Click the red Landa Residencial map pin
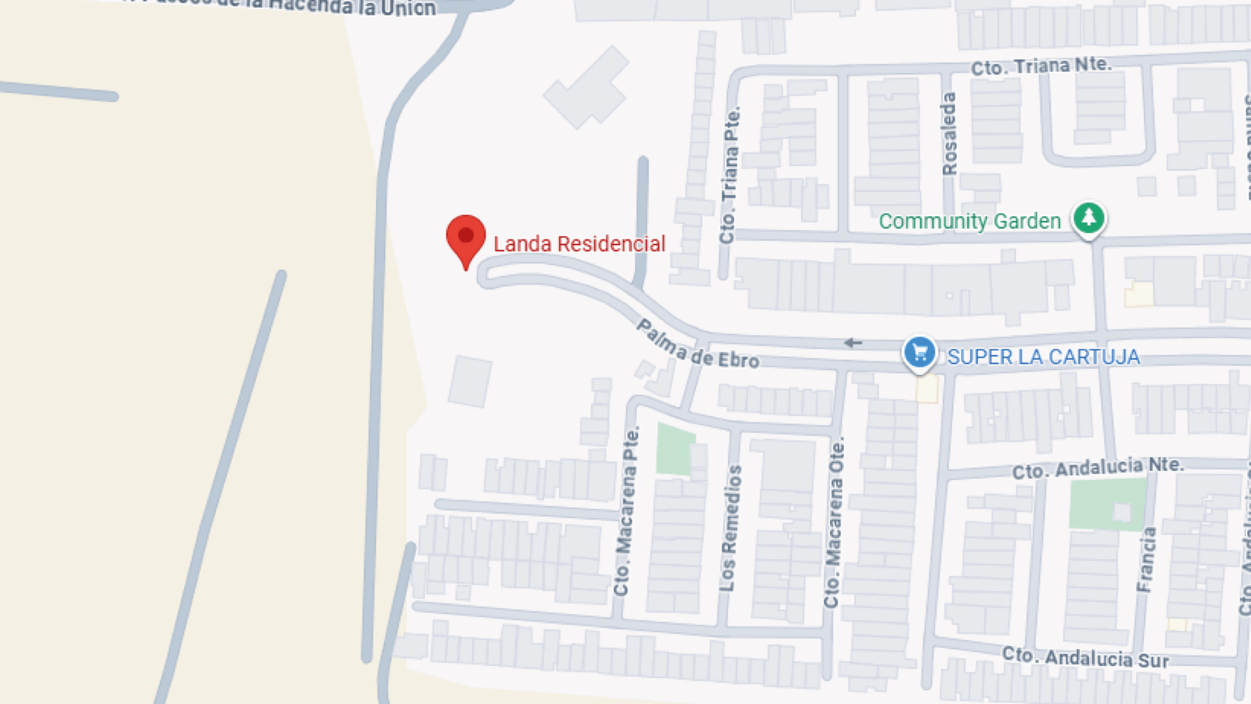[x=465, y=238]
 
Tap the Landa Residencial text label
[x=579, y=244]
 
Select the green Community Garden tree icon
[x=1088, y=218]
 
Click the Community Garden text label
[x=969, y=222]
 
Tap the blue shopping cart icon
[x=919, y=352]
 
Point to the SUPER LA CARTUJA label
[x=1043, y=357]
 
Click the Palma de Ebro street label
[x=697, y=345]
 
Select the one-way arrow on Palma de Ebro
[x=853, y=343]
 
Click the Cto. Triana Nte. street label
[x=1041, y=67]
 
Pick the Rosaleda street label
[x=949, y=134]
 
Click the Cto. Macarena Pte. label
[x=626, y=510]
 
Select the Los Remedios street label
[x=731, y=528]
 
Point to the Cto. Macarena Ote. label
[x=835, y=522]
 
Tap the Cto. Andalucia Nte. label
[x=1098, y=467]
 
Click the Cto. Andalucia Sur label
[x=1085, y=658]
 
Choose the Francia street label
[x=1147, y=559]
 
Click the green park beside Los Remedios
[x=674, y=449]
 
